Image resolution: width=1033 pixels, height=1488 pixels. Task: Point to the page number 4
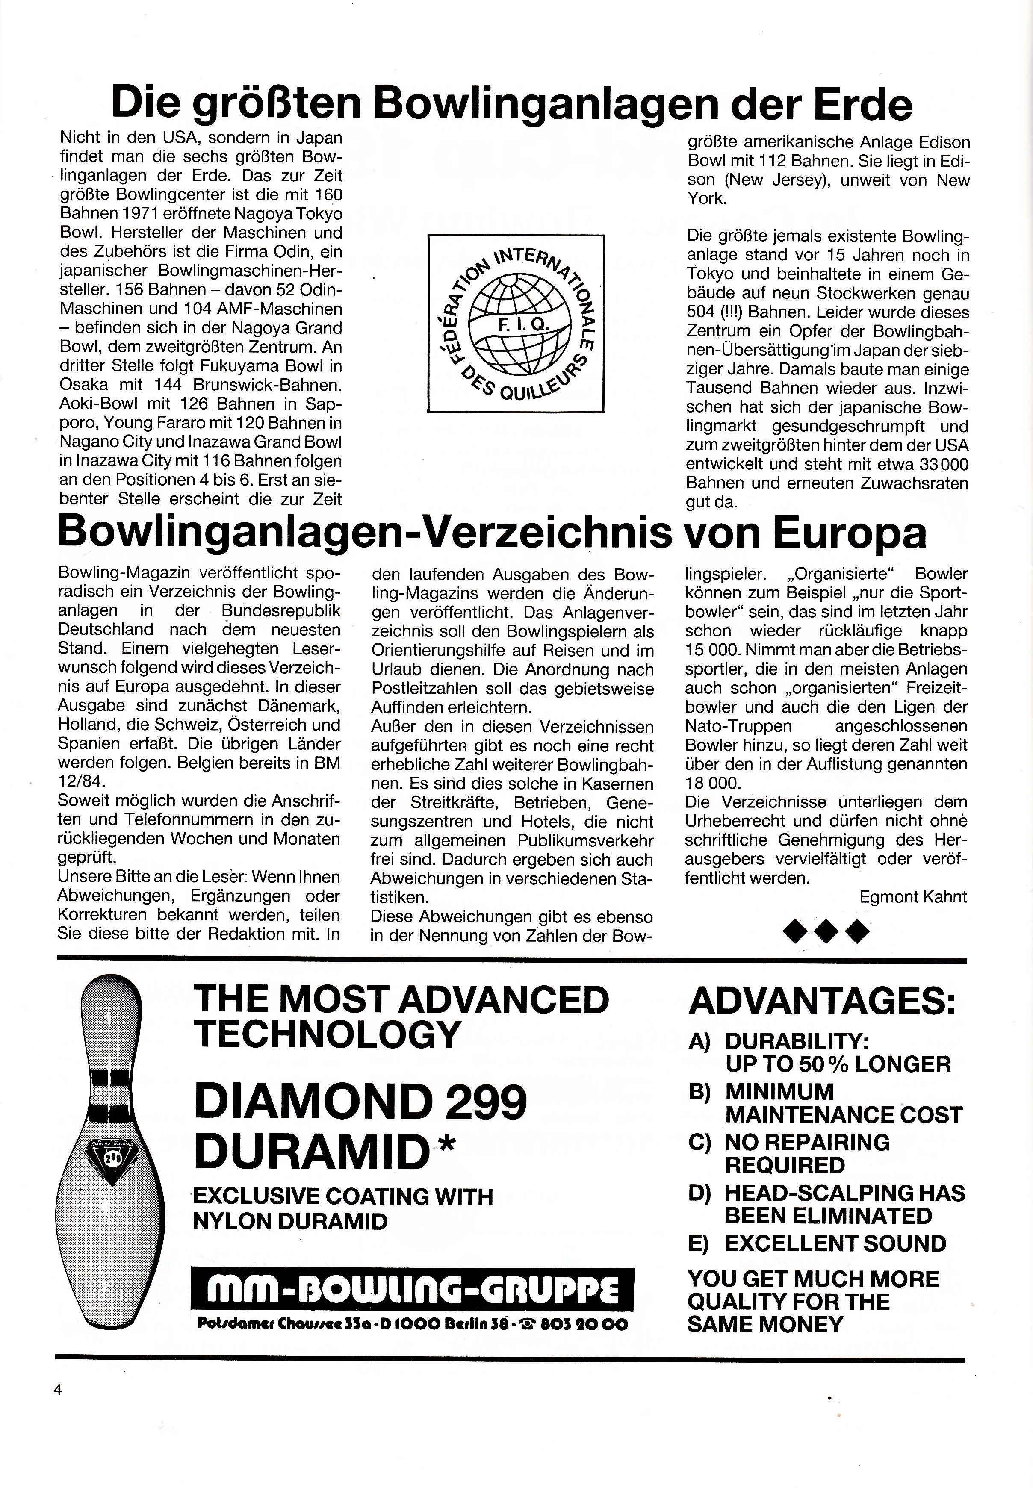pyautogui.click(x=58, y=1389)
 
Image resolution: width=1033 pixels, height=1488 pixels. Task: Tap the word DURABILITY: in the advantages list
pyautogui.click(x=797, y=1041)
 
